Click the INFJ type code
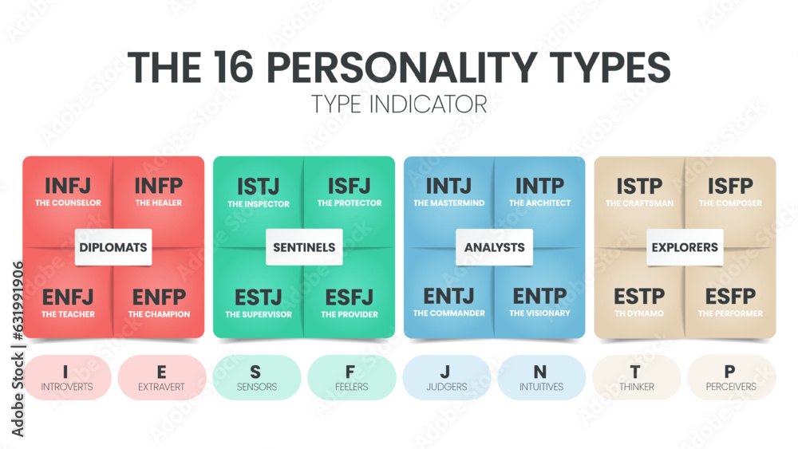(x=68, y=186)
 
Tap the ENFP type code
(x=159, y=297)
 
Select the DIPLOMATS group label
(x=113, y=247)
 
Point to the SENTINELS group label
(x=304, y=247)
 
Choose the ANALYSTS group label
(x=494, y=247)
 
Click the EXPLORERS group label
(x=685, y=247)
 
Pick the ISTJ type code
(x=258, y=187)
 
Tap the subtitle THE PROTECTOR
(x=350, y=203)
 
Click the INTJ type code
(x=448, y=186)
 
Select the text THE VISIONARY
(x=539, y=313)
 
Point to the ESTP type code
(x=639, y=296)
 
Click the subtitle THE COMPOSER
(x=730, y=203)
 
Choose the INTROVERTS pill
(x=67, y=377)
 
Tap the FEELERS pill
(x=352, y=377)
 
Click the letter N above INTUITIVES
(x=540, y=372)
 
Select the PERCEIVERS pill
(x=731, y=377)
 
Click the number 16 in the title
(x=233, y=67)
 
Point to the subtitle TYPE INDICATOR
(x=399, y=104)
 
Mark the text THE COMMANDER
(x=448, y=313)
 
